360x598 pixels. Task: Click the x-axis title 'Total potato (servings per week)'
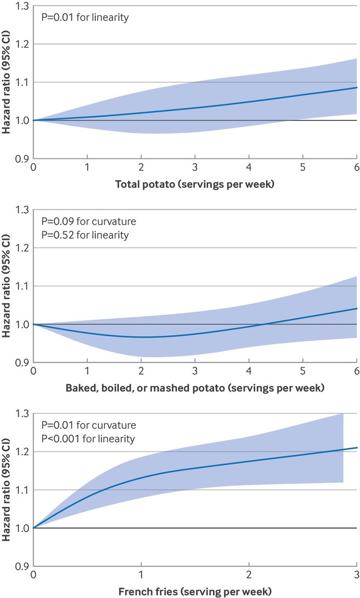[x=195, y=184]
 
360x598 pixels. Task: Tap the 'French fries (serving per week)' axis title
[x=195, y=592]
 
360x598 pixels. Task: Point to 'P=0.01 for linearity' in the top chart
[x=85, y=18]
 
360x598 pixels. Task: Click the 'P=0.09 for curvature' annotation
[x=88, y=222]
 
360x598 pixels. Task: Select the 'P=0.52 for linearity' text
[x=85, y=235]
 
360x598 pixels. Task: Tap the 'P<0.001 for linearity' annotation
[x=88, y=439]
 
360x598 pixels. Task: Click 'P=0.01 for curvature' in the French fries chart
[x=88, y=425]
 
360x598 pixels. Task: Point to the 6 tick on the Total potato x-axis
[x=356, y=167]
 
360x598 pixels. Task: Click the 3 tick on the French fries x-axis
[x=356, y=575]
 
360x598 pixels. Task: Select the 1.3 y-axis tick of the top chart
[x=22, y=7]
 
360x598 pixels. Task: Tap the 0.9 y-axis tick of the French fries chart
[x=22, y=566]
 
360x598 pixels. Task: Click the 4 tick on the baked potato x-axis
[x=249, y=371]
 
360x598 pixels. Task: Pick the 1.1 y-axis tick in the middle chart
[x=22, y=286]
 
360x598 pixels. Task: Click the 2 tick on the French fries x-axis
[x=249, y=575]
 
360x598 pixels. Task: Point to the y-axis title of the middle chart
[x=6, y=286]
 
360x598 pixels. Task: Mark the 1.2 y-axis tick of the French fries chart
[x=22, y=452]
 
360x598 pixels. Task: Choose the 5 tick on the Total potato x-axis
[x=303, y=167]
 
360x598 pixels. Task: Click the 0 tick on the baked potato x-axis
[x=33, y=371]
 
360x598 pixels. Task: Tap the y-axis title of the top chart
[x=6, y=82]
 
